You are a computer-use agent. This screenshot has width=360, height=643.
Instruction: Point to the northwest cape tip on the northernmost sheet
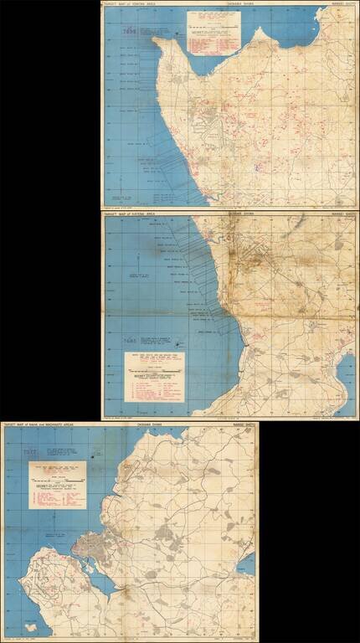pos(156,39)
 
